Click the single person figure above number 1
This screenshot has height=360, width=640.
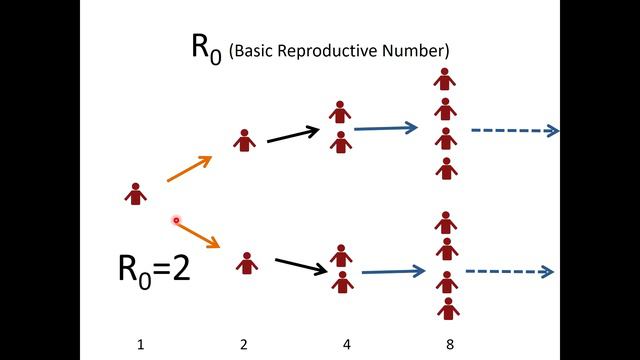[x=136, y=193]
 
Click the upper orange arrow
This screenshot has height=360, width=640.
[x=189, y=170]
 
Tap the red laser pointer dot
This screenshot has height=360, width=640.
[x=176, y=220]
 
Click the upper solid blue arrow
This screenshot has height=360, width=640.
[x=386, y=128]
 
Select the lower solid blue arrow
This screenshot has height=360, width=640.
[x=393, y=271]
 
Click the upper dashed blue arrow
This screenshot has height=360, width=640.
[x=514, y=130]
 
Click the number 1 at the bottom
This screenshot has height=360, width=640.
[x=141, y=345]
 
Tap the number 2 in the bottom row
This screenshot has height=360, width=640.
[x=244, y=345]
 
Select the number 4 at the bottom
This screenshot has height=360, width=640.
[x=346, y=345]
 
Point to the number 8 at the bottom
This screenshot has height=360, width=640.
[x=450, y=345]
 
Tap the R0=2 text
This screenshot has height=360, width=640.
[x=153, y=269]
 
